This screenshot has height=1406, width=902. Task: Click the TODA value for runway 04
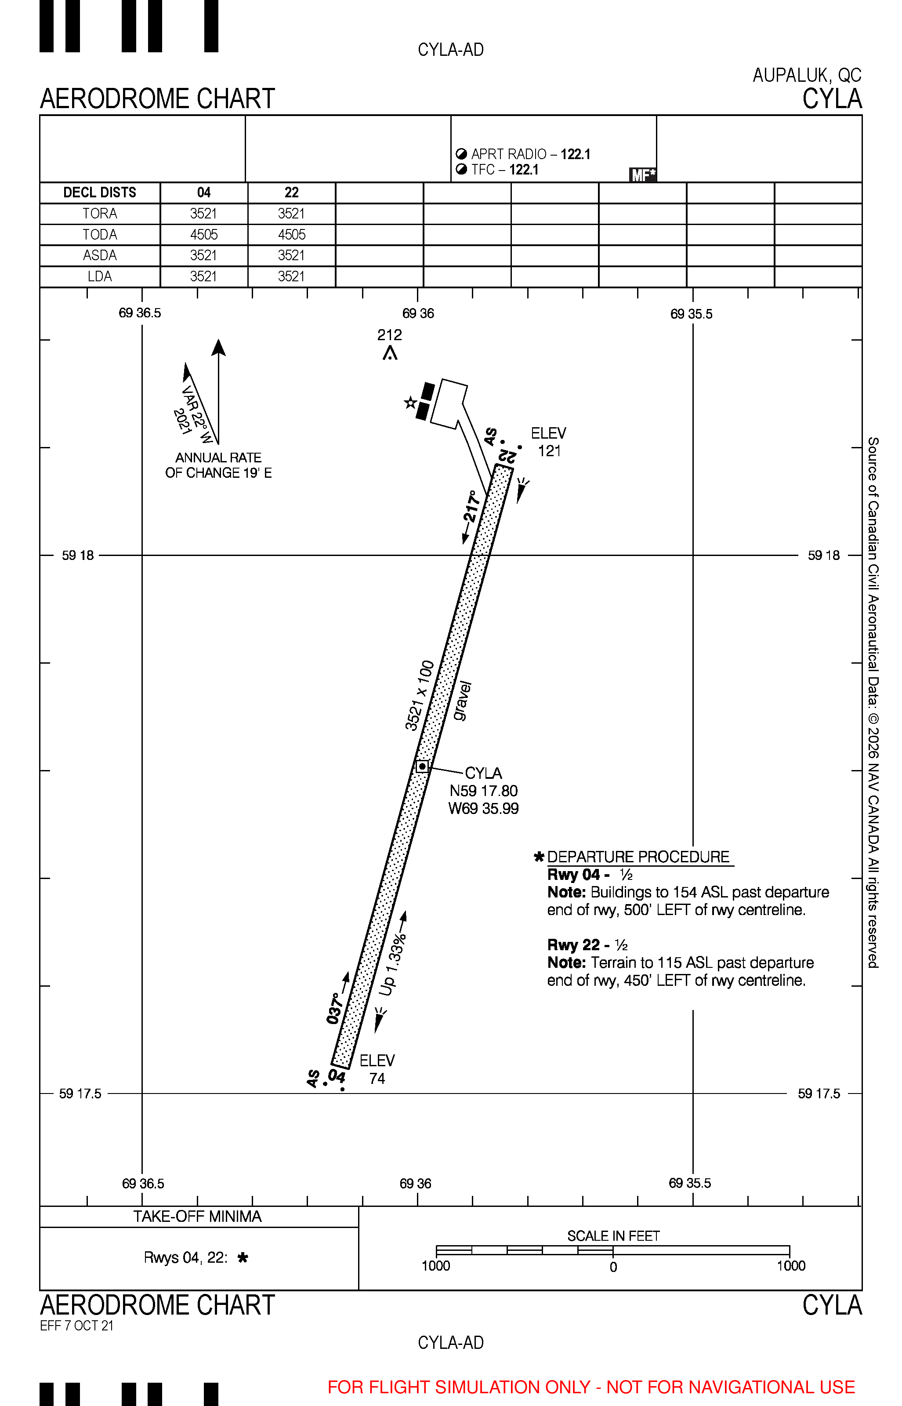click(x=204, y=235)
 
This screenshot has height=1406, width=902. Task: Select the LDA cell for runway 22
click(x=292, y=276)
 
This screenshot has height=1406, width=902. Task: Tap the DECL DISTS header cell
click(x=100, y=193)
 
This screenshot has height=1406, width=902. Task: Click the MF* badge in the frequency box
click(x=642, y=174)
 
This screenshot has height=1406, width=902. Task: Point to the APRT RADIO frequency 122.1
click(x=575, y=154)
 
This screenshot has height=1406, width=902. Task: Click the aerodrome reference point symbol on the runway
click(x=422, y=766)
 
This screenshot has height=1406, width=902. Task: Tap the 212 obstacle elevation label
click(x=390, y=335)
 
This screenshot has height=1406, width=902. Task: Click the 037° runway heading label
click(x=334, y=1008)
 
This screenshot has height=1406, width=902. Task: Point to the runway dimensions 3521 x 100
click(x=420, y=695)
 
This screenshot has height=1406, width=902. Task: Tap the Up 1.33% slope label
click(x=392, y=965)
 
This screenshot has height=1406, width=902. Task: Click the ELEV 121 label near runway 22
click(x=549, y=442)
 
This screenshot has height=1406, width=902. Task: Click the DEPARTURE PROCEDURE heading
click(x=638, y=857)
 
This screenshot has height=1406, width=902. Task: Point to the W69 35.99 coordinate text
click(x=484, y=808)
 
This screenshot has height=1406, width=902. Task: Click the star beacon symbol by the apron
click(x=410, y=403)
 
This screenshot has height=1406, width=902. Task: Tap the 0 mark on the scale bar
click(x=613, y=1267)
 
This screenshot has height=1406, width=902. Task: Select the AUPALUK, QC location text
click(x=807, y=75)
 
